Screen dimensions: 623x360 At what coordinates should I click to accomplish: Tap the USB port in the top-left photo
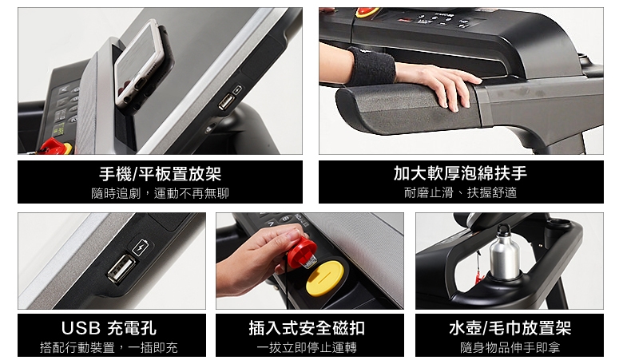226,101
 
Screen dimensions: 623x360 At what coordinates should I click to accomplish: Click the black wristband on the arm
371,66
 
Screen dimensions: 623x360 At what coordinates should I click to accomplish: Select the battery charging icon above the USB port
141,247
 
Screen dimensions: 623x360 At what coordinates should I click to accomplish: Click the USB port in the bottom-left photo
122,269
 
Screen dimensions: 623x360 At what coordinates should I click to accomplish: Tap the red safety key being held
302,250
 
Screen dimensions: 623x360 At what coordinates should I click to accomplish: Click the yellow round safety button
325,278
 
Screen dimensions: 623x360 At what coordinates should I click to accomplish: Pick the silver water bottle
504,254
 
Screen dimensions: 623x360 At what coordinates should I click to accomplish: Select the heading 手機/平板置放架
160,173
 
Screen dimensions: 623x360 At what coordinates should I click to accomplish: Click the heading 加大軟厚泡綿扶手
461,173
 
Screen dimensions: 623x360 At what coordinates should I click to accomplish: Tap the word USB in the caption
81,328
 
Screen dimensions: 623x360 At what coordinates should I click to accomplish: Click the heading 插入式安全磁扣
308,328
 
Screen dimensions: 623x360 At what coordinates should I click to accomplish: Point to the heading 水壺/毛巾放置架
510,328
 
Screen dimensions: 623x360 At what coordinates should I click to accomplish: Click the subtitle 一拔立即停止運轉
307,348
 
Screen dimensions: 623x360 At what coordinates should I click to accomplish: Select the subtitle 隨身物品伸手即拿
510,348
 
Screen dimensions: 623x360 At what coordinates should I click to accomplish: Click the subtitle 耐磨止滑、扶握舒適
461,193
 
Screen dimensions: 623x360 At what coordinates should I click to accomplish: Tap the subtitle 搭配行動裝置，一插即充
109,348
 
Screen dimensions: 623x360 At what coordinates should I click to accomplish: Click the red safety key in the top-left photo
56,146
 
